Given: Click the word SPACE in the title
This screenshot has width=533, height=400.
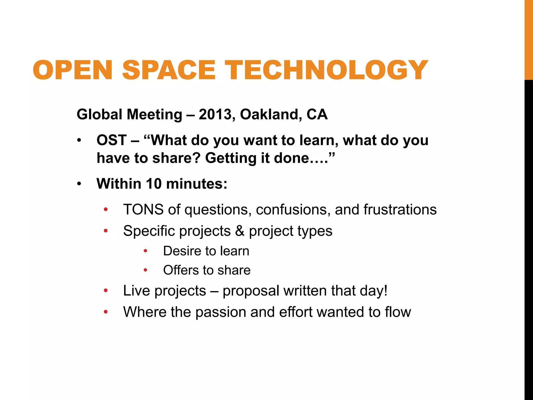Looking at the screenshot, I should (169, 70).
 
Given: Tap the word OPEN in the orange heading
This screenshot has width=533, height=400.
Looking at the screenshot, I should (73, 70).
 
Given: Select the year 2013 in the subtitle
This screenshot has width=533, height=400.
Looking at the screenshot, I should (215, 115).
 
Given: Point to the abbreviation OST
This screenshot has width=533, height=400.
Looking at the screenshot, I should (112, 140).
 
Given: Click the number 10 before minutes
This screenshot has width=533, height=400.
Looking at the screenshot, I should (154, 184).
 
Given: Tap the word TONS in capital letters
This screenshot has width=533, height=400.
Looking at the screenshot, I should (143, 210).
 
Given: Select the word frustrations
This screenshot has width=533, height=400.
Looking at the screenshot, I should (400, 210).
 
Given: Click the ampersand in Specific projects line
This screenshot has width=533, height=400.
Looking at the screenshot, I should (240, 231).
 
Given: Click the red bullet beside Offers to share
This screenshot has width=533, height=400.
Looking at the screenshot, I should (145, 270).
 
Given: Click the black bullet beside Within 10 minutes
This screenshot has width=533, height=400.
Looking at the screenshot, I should (79, 184).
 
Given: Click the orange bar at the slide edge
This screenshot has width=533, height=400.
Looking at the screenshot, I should (529, 39).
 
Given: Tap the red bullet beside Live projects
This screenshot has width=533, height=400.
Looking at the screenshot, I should (105, 291).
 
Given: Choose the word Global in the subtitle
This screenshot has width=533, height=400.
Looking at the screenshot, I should (99, 115).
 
